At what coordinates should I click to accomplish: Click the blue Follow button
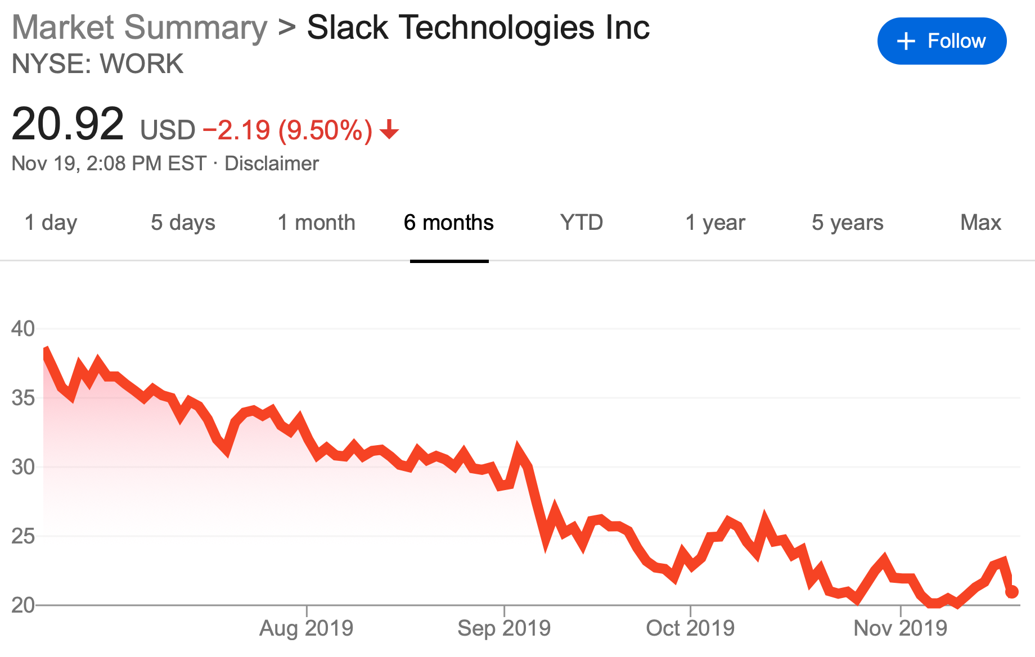(x=942, y=41)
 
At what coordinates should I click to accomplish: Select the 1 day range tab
(x=51, y=223)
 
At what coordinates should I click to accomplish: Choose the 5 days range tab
(x=183, y=223)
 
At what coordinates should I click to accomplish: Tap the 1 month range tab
(x=316, y=223)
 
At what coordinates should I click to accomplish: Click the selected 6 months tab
(x=448, y=223)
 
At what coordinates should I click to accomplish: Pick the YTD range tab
(x=582, y=223)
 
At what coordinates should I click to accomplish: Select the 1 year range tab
(x=715, y=223)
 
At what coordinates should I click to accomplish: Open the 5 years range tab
(x=847, y=223)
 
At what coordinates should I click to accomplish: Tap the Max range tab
(x=980, y=223)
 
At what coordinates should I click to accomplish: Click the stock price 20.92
(x=67, y=124)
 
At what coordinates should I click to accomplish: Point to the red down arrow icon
(x=389, y=131)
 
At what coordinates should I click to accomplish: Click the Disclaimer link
(x=272, y=164)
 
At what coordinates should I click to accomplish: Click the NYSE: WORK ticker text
(x=97, y=64)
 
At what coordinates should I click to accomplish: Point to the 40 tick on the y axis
(x=23, y=329)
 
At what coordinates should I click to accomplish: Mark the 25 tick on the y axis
(x=23, y=536)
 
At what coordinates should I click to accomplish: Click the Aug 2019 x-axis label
(x=306, y=628)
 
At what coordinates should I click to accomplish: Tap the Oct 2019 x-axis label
(x=690, y=628)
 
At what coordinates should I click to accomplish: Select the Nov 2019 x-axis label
(x=900, y=628)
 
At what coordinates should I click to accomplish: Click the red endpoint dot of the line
(x=1011, y=592)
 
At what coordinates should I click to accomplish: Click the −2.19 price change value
(x=236, y=130)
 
